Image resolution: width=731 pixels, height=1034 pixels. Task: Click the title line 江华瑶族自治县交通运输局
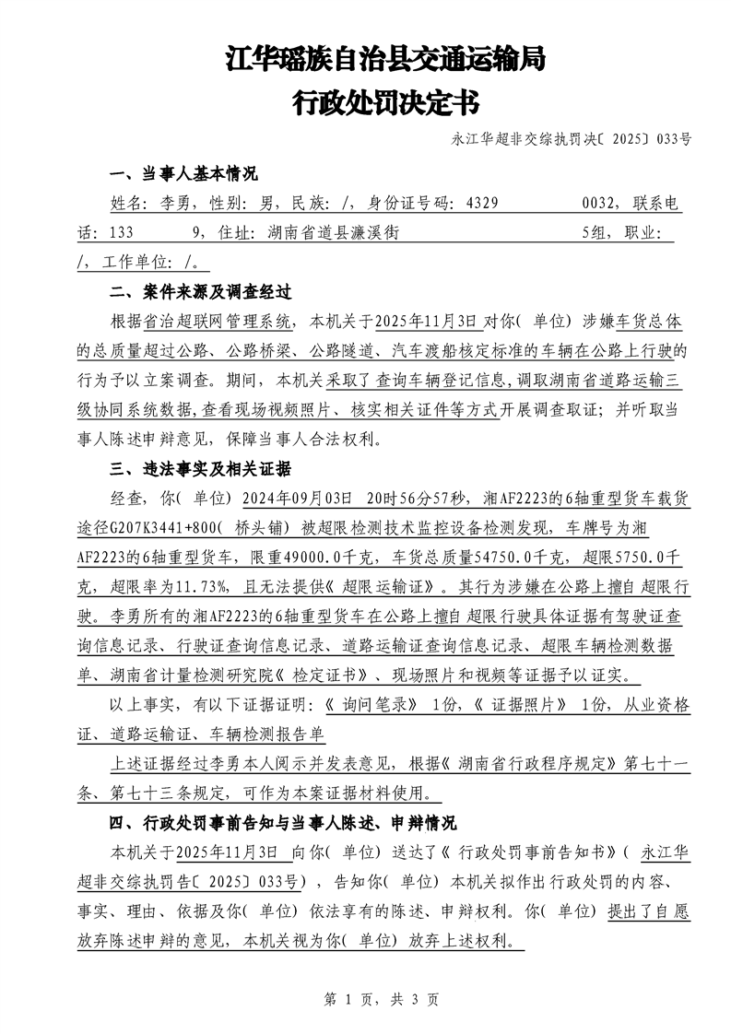coord(385,61)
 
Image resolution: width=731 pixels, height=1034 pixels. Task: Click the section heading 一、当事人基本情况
coord(183,174)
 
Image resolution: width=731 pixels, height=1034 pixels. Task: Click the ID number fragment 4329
coord(485,204)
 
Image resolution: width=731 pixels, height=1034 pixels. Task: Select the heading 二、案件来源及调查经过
coord(200,292)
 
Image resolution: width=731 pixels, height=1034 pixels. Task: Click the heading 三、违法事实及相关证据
coord(200,469)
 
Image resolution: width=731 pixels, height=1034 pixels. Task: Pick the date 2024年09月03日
coord(297,499)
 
